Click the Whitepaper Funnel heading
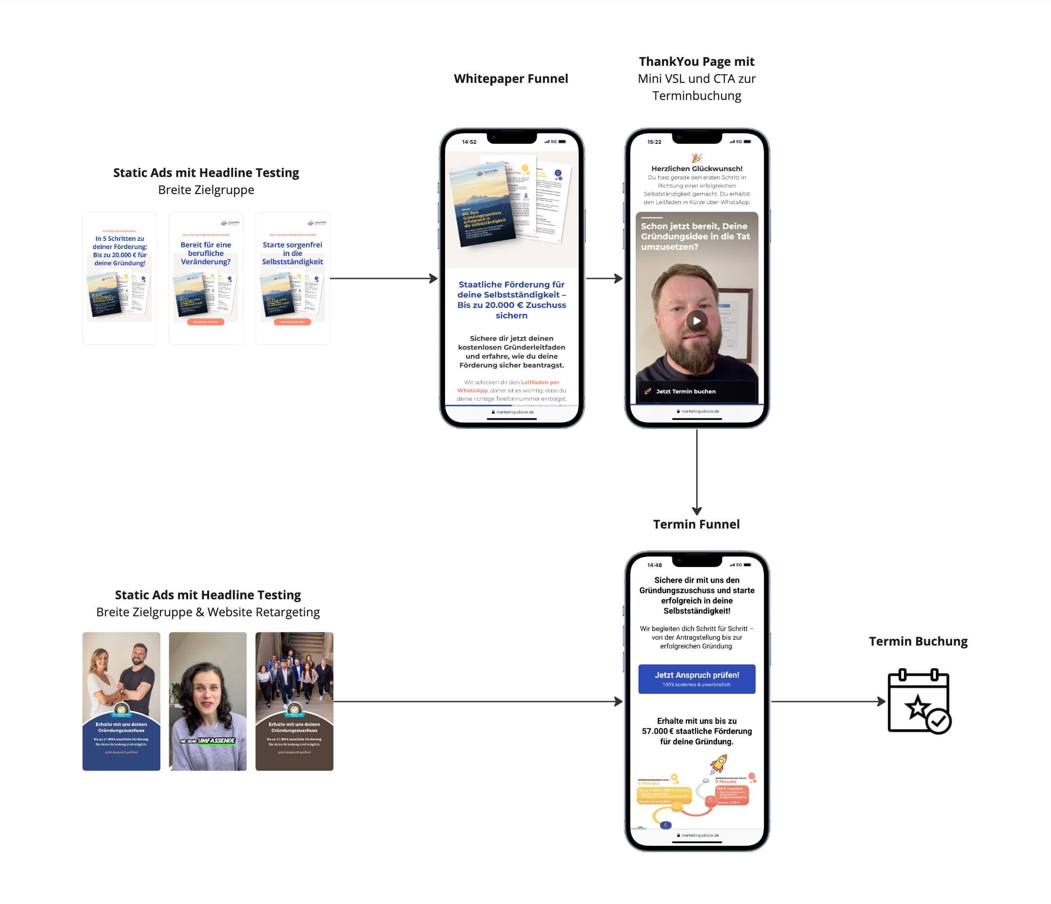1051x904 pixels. [511, 79]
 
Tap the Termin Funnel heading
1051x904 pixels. [696, 524]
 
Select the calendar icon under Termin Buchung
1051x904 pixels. [918, 701]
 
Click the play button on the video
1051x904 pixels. [697, 321]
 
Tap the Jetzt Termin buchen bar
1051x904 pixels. [697, 391]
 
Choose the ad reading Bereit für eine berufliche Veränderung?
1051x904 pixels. [206, 278]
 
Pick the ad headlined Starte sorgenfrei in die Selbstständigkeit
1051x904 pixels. [292, 278]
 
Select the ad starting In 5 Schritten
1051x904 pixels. [120, 278]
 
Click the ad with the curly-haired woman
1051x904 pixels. [208, 701]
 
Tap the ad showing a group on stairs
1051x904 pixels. [294, 701]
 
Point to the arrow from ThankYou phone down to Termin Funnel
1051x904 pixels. [697, 472]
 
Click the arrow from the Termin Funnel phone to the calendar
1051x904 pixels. [828, 702]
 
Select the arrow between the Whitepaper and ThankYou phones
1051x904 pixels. [604, 278]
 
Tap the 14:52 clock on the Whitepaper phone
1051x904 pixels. [469, 142]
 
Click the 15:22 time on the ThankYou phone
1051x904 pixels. [654, 142]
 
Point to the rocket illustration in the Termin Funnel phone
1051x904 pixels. [718, 763]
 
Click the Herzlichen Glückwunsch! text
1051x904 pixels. [697, 168]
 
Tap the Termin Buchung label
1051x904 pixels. [918, 641]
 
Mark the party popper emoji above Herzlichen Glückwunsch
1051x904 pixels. [697, 158]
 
